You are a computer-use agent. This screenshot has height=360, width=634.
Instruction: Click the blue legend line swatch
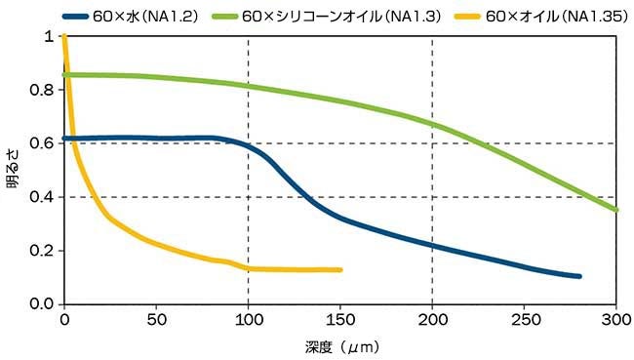(x=77, y=17)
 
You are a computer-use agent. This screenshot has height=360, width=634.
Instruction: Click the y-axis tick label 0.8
(x=43, y=91)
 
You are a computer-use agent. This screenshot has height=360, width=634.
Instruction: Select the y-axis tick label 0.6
(x=43, y=144)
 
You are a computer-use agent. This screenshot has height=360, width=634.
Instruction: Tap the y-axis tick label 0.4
(x=43, y=198)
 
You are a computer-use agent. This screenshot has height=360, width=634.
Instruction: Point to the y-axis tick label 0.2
(x=43, y=252)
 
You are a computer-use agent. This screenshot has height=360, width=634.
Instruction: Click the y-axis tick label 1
(x=50, y=37)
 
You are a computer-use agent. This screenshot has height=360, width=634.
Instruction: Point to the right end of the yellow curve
(x=340, y=269)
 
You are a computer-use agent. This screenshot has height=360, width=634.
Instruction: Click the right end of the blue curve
(x=579, y=276)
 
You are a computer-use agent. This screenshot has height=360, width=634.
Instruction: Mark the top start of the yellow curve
(x=64, y=37)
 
